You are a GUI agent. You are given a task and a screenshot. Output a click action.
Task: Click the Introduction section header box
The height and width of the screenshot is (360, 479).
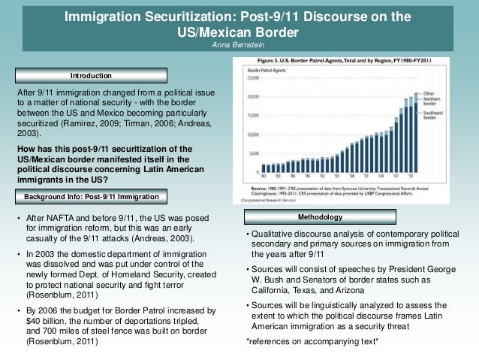coord(91,76)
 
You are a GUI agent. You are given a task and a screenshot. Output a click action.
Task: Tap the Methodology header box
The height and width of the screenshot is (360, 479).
coord(320,217)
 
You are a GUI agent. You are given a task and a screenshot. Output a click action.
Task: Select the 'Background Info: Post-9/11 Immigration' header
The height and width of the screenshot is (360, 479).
coord(91,197)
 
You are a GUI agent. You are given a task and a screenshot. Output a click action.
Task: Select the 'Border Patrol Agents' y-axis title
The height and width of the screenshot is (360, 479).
coord(262,69)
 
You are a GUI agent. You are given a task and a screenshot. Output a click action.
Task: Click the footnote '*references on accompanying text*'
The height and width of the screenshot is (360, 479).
coord(312,343)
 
